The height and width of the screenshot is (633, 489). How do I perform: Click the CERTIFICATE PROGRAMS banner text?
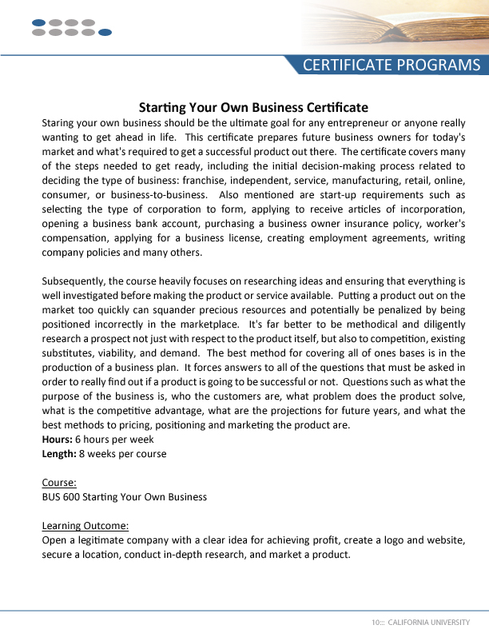point(392,66)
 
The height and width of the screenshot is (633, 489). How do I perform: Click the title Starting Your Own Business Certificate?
point(253,107)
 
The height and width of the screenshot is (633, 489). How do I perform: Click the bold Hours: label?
point(57,440)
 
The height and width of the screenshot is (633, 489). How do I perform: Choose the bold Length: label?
point(59,454)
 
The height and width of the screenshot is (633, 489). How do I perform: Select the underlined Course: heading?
point(59,483)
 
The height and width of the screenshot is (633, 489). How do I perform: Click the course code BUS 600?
point(61,497)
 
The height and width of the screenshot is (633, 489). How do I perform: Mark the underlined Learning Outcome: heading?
point(85,526)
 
